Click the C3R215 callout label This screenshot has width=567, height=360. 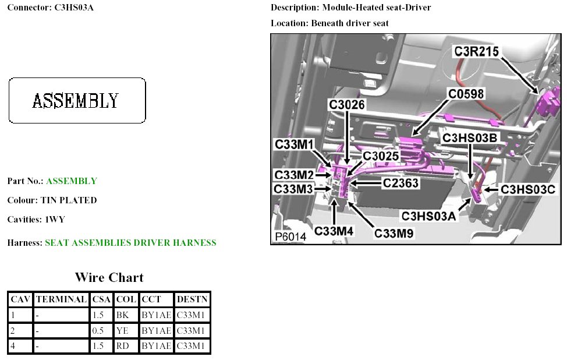(477, 52)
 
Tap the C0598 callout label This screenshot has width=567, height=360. (466, 93)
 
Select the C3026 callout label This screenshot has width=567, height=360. (347, 104)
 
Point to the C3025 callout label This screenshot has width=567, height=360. (381, 156)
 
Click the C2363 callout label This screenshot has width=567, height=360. (401, 183)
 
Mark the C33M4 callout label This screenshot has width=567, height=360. (334, 231)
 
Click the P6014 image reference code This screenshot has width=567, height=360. (290, 237)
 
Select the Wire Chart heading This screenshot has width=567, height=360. (109, 277)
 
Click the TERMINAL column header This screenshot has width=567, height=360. (61, 299)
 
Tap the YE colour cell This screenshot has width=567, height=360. (122, 330)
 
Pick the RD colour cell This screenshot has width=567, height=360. (122, 346)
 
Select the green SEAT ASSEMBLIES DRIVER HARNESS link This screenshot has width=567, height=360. (130, 243)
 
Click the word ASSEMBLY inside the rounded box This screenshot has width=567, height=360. (76, 101)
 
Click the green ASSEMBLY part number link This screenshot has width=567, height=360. (72, 181)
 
